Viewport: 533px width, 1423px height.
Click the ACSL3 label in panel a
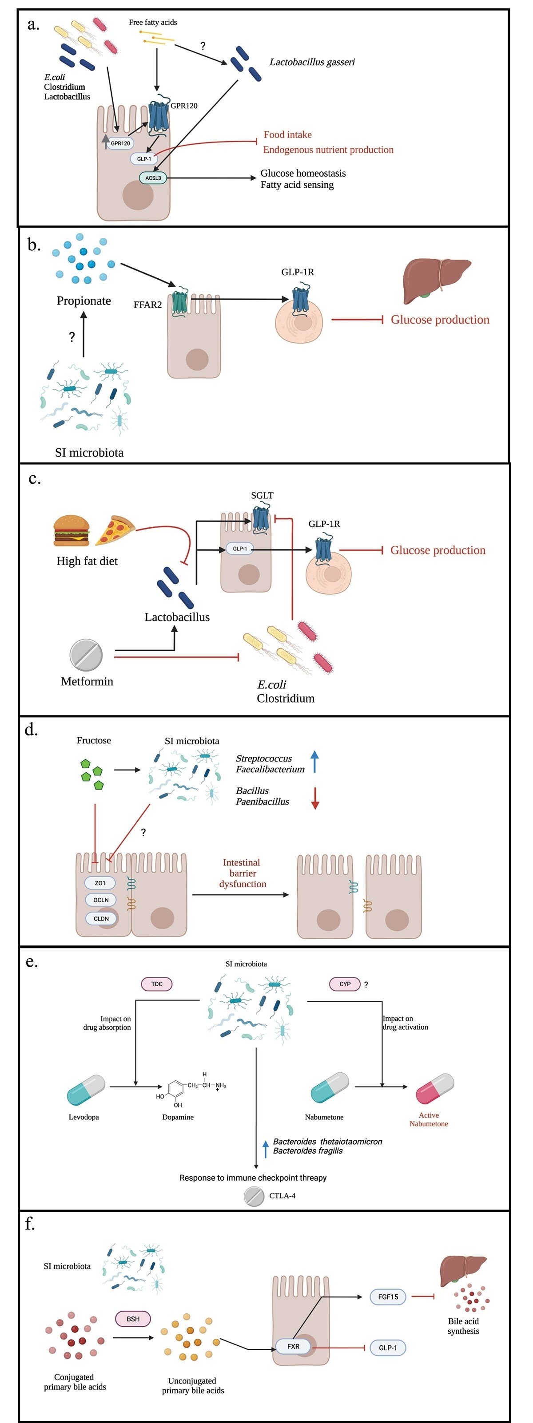click(153, 178)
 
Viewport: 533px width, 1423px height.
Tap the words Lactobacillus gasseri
click(312, 62)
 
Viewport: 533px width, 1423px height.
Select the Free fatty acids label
click(153, 22)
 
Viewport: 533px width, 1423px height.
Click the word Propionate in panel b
click(84, 300)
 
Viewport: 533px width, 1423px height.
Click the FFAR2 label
click(147, 304)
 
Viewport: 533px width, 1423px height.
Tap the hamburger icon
click(72, 530)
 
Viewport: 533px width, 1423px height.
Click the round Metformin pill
click(86, 655)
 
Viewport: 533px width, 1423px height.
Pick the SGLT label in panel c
click(262, 495)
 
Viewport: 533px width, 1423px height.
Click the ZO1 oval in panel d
click(100, 883)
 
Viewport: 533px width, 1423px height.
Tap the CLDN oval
click(101, 919)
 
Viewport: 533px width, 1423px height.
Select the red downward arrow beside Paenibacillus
click(315, 798)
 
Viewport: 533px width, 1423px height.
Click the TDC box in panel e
click(157, 984)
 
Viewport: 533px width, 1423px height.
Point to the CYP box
click(345, 984)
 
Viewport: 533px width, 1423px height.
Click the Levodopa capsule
click(86, 1089)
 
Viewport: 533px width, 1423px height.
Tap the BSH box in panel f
click(133, 1319)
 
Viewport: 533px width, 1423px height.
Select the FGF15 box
click(388, 1297)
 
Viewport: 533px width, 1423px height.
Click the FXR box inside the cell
click(293, 1346)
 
